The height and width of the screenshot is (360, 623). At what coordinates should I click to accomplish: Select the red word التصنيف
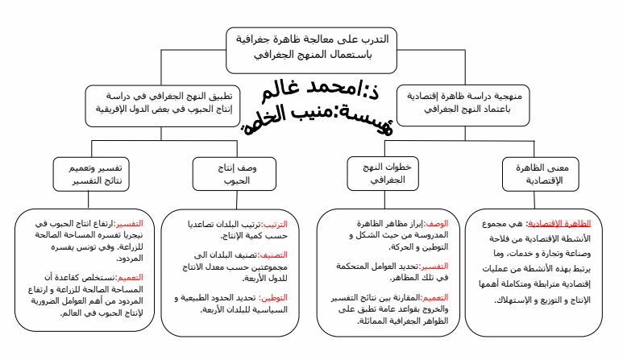coord(282,253)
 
